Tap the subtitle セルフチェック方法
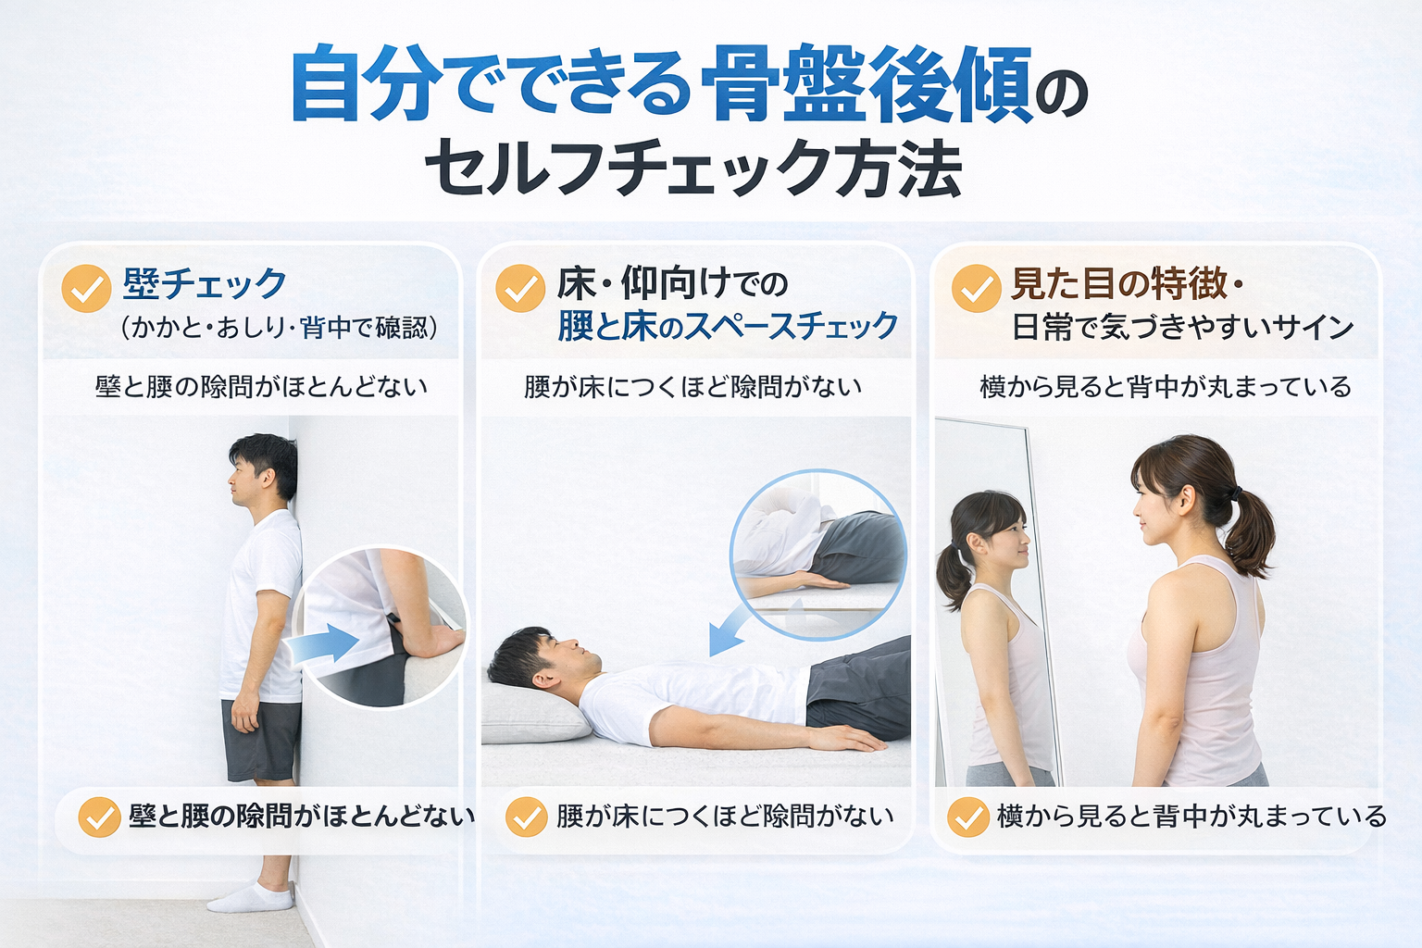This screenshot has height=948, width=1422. click(x=693, y=168)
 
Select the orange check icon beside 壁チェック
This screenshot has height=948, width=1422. click(x=86, y=288)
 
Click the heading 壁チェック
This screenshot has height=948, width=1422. click(x=205, y=284)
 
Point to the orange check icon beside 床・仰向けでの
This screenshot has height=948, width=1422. click(x=520, y=288)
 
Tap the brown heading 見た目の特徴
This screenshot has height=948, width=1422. click(x=1118, y=284)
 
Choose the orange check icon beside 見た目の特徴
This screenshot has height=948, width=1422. click(x=977, y=288)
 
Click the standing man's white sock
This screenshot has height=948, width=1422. click(x=252, y=895)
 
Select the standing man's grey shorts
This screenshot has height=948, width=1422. click(x=261, y=741)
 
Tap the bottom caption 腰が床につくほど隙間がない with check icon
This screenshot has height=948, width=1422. click(x=700, y=817)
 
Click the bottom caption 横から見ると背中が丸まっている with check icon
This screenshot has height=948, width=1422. click(x=1166, y=817)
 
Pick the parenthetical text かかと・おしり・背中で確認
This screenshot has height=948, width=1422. click(x=280, y=328)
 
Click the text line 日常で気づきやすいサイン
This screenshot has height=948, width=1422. click(x=1182, y=328)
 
